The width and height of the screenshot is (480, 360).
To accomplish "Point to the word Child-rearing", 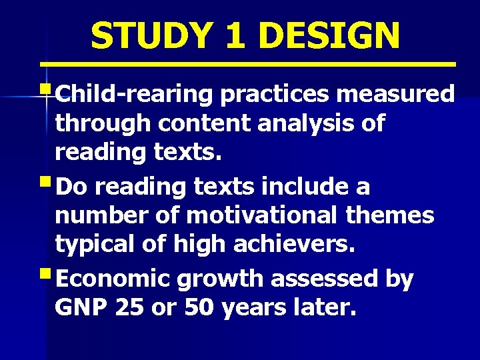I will [133, 95].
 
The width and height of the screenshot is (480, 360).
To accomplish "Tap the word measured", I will [395, 95].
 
